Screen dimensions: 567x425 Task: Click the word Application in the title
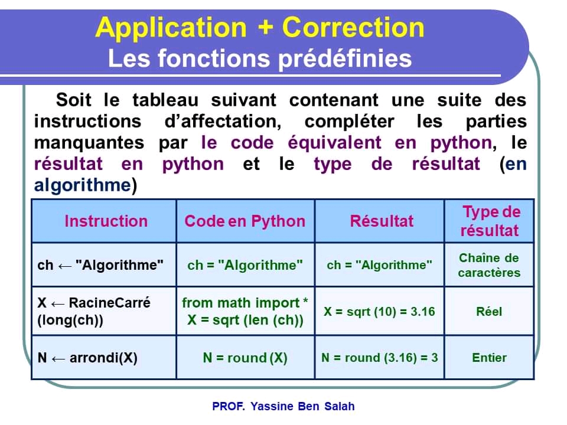click(x=171, y=28)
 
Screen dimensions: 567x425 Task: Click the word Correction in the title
click(x=353, y=28)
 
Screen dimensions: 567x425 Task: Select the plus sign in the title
click(x=265, y=28)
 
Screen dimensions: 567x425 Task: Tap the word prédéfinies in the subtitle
click(x=345, y=59)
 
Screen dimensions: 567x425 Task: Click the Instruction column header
click(x=106, y=221)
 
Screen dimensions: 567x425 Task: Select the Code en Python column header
click(x=245, y=221)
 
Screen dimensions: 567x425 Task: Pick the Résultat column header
click(x=382, y=221)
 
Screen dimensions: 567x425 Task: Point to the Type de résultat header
click(x=490, y=221)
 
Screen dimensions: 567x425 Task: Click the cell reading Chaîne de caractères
click(x=489, y=265)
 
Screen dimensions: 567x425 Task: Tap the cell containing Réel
click(x=489, y=312)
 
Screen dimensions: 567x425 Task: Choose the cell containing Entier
click(x=489, y=358)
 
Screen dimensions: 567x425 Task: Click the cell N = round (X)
click(x=245, y=358)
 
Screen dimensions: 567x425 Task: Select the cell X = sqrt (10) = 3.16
click(x=379, y=312)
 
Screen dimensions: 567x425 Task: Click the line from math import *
click(x=245, y=303)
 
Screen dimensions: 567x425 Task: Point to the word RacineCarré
click(x=110, y=303)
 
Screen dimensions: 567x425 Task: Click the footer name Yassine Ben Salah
click(x=302, y=406)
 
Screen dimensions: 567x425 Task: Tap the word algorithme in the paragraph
click(x=83, y=185)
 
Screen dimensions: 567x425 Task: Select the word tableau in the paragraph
click(x=165, y=100)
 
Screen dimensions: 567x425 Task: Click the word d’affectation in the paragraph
click(x=223, y=122)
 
